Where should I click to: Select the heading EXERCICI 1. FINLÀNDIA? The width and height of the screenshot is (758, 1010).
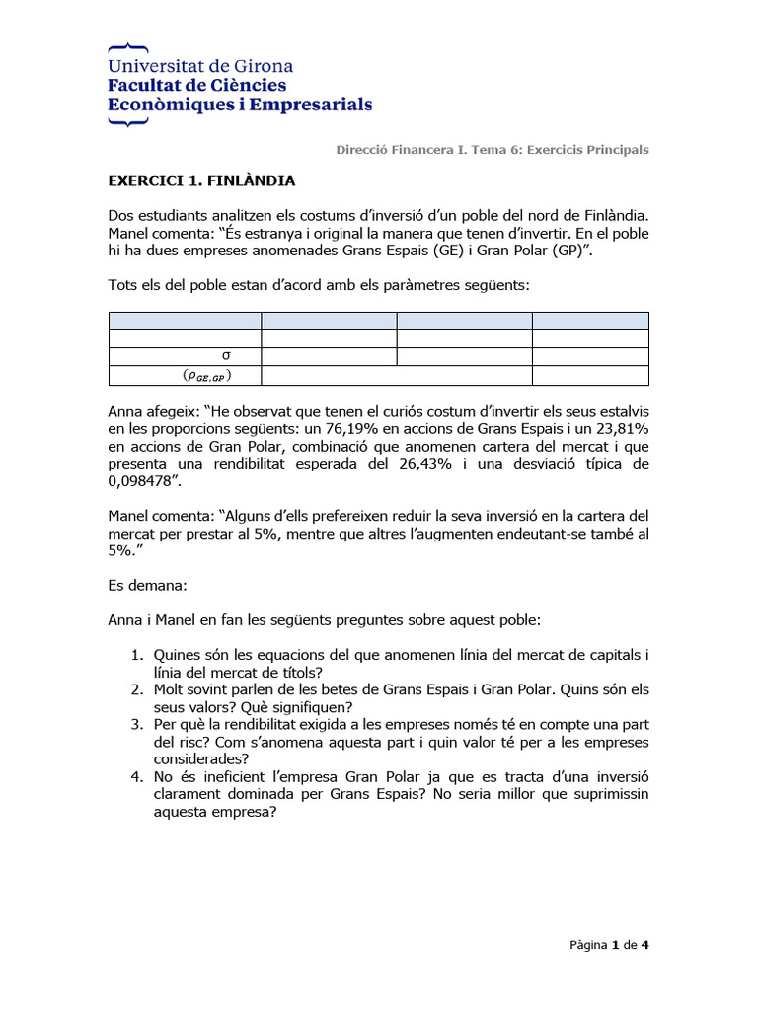point(201,180)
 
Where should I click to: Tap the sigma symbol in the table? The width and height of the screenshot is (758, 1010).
point(227,356)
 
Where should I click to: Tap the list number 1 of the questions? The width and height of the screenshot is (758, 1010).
point(137,655)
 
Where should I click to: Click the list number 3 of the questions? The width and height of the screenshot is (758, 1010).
point(137,725)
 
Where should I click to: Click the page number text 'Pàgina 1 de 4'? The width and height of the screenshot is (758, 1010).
point(609,945)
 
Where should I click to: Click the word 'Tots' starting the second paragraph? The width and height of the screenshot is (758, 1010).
point(122,285)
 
